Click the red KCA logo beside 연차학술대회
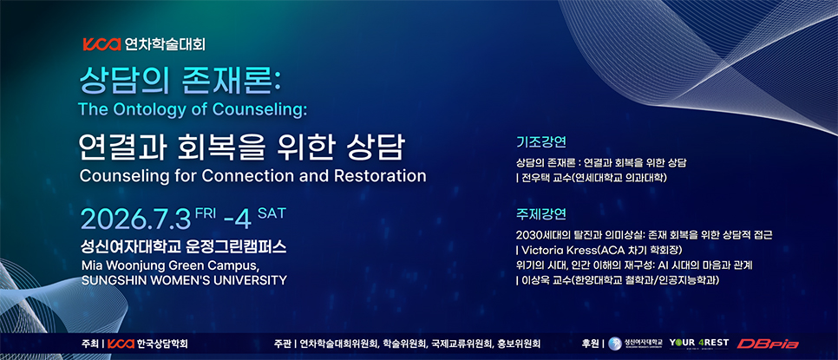tap(101, 44)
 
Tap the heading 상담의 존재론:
tap(179, 82)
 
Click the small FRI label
tap(206, 213)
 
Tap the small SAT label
tap(272, 213)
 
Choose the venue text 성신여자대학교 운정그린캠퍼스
tap(183, 248)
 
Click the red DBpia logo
tap(768, 344)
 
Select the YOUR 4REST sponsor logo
tap(699, 343)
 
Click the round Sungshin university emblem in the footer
tap(616, 344)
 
